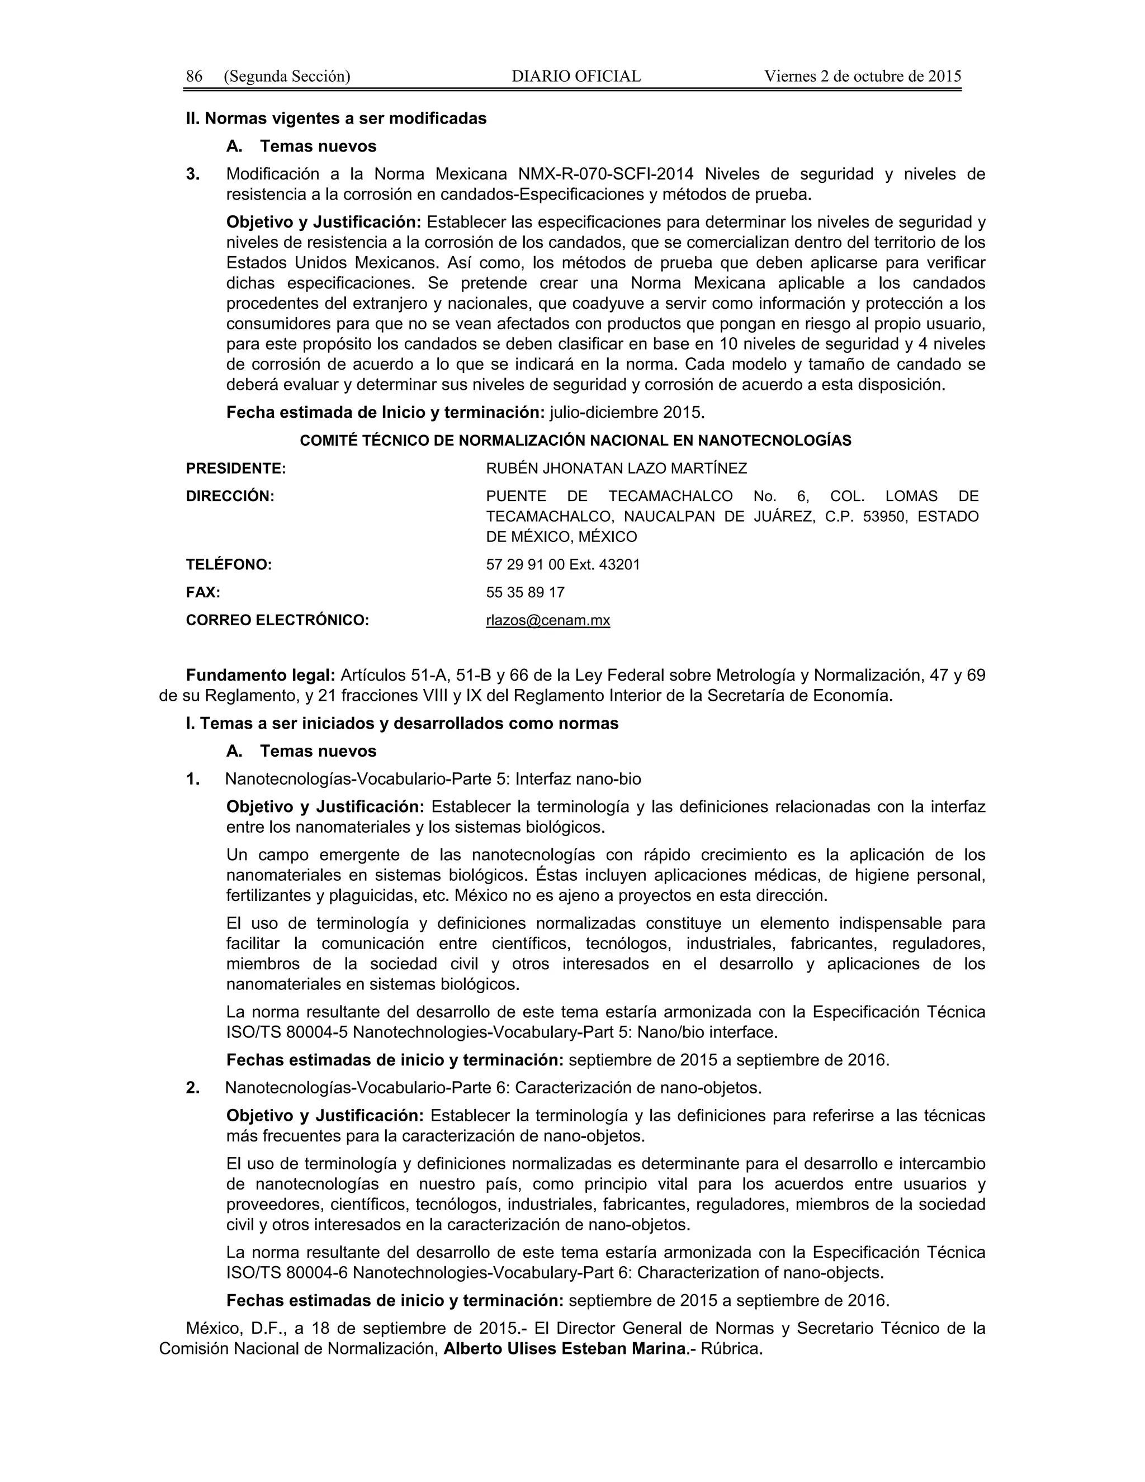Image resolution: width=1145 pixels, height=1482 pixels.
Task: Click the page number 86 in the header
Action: click(x=194, y=76)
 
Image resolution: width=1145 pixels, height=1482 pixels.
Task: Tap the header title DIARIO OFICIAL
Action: click(x=576, y=76)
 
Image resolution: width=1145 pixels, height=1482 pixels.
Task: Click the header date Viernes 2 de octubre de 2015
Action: click(x=862, y=76)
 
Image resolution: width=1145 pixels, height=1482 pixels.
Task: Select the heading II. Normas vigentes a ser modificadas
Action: click(x=336, y=119)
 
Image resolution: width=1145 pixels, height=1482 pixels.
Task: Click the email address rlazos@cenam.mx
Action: click(x=547, y=620)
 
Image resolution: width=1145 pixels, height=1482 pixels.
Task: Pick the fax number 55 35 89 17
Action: click(x=525, y=592)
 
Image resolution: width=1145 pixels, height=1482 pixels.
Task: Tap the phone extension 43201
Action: click(x=618, y=565)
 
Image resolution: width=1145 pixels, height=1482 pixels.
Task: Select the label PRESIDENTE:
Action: click(x=235, y=468)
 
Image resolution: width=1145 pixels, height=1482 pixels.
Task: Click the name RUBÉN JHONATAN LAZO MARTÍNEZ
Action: click(x=616, y=468)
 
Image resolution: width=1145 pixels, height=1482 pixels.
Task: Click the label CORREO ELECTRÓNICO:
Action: click(x=277, y=620)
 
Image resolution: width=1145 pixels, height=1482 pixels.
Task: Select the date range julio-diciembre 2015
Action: click(x=627, y=413)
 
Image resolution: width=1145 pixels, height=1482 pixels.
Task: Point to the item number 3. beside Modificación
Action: click(x=193, y=174)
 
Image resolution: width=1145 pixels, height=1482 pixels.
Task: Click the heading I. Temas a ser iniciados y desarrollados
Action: click(x=401, y=723)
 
